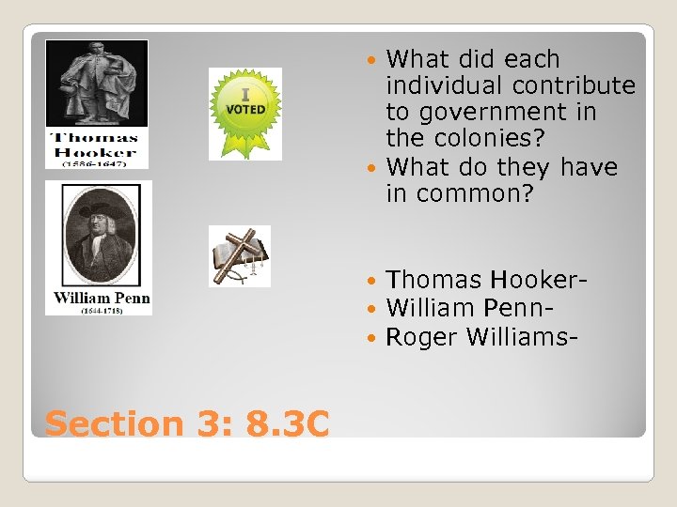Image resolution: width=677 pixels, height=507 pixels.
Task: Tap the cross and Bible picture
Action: pos(239,255)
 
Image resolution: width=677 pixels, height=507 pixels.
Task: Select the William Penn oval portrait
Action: pos(98,234)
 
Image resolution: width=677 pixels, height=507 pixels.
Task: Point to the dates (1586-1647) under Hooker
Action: pos(97,162)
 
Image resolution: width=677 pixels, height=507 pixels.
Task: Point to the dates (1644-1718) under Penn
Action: pos(98,309)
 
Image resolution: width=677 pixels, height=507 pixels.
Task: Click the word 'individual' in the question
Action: pos(445,85)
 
